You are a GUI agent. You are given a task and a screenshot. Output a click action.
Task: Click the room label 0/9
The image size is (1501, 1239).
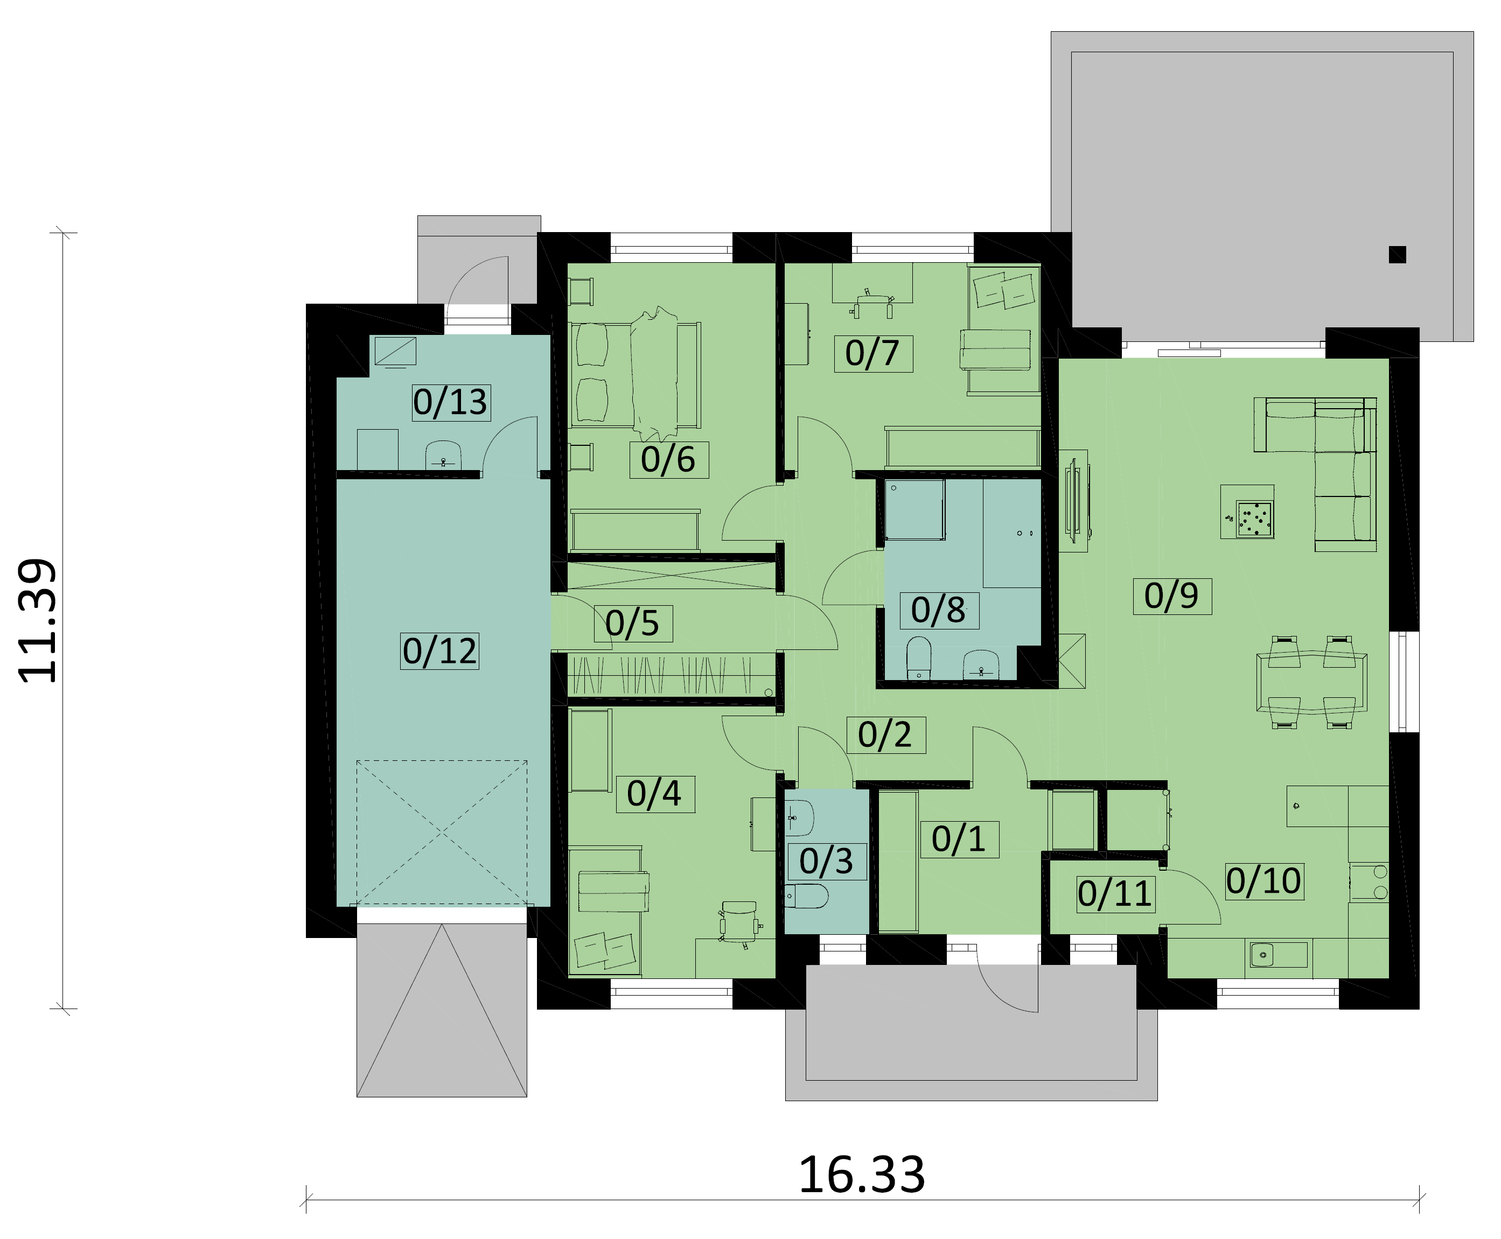[1171, 596]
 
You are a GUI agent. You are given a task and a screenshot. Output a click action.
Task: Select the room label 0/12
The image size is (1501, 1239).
[439, 651]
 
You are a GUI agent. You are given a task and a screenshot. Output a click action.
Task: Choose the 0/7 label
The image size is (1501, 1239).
[873, 353]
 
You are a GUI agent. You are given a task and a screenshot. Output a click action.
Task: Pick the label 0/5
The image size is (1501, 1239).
[633, 623]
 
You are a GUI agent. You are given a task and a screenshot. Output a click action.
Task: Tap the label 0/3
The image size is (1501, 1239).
[827, 862]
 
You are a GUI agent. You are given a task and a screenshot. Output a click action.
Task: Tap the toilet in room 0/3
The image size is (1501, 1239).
[807, 897]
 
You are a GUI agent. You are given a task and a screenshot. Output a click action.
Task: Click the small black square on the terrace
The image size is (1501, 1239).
[1397, 254]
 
